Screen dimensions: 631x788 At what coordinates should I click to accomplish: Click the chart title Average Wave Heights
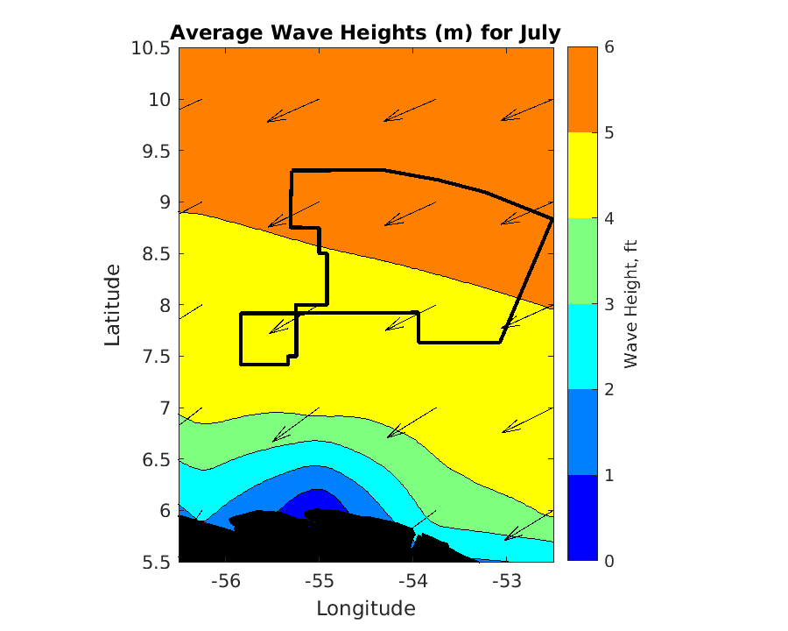tap(365, 32)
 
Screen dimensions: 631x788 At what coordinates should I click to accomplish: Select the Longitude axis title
tap(365, 608)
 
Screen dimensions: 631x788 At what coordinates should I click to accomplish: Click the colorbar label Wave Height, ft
tap(630, 303)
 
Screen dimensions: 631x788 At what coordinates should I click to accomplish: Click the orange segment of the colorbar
tap(583, 90)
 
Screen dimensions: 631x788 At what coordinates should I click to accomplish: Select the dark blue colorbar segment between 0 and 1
tap(583, 518)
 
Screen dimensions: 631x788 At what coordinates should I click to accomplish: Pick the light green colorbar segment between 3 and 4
tap(583, 261)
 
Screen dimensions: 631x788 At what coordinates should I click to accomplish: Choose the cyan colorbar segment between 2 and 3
tap(583, 347)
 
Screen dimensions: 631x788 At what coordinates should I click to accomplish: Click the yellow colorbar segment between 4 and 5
tap(583, 175)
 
